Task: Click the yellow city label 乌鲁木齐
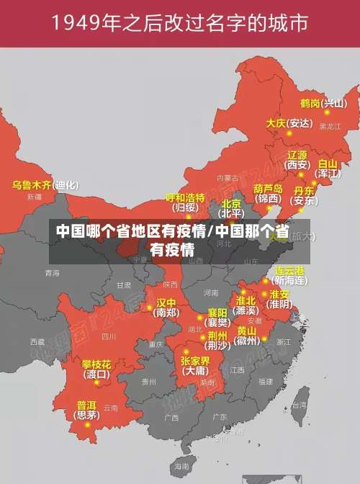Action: point(32,185)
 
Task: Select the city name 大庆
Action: point(276,123)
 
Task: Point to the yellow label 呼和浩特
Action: point(185,197)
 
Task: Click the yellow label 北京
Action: point(231,204)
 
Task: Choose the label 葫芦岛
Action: point(268,188)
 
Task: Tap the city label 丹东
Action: point(304,191)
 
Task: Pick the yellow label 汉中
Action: point(166,302)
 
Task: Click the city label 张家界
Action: point(195,361)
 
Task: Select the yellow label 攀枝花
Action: point(96,364)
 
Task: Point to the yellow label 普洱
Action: point(86,405)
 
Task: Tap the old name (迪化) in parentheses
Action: point(66,185)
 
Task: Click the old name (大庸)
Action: point(194,371)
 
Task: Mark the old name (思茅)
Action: point(86,415)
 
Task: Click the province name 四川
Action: point(109,336)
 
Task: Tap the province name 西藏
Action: point(37,341)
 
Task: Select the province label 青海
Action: point(52,273)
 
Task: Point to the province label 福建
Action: point(266,381)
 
